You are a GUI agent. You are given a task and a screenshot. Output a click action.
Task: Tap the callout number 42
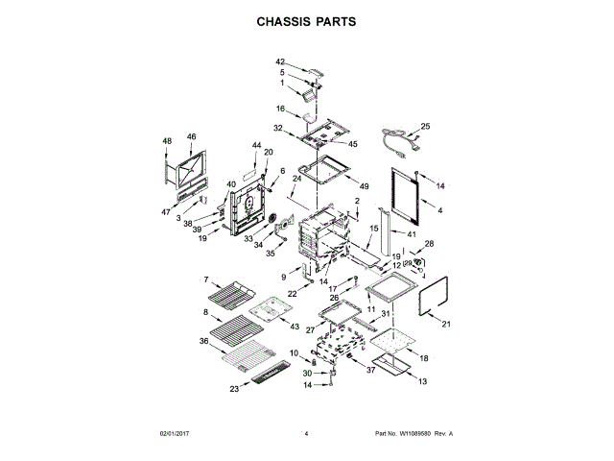(281, 61)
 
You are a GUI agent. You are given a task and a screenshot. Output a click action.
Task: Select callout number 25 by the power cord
(426, 126)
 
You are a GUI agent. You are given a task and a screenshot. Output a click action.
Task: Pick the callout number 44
(256, 145)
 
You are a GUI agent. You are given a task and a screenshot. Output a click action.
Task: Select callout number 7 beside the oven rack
(205, 279)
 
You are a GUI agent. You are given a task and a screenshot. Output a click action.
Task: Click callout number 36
(204, 341)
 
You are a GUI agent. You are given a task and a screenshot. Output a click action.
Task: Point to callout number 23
(234, 389)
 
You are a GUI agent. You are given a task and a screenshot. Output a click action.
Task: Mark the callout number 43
(295, 327)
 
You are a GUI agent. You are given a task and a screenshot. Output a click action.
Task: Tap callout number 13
(421, 381)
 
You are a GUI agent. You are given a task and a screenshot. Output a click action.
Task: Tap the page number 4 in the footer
(306, 434)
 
